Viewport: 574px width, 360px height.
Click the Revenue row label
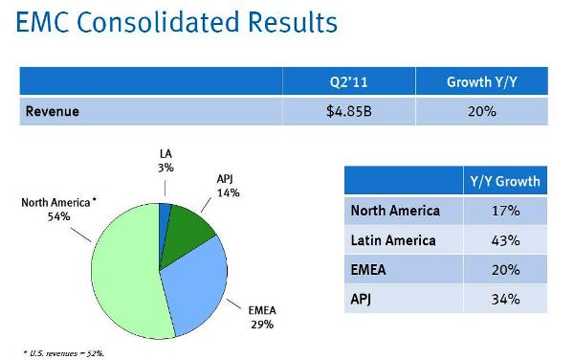pos(53,111)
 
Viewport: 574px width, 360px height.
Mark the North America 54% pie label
pos(58,210)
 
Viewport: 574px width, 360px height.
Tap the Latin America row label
pos(392,240)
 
